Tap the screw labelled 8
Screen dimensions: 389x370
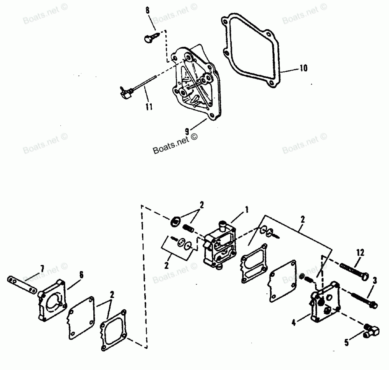coord(150,38)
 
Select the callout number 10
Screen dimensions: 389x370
coord(303,68)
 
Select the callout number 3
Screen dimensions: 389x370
coord(374,281)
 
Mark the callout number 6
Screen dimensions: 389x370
coord(81,275)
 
